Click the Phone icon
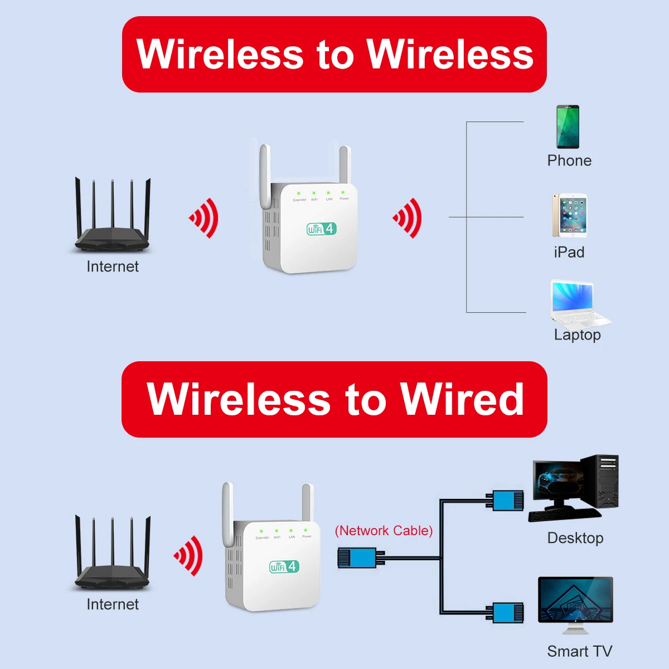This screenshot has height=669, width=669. coord(568,127)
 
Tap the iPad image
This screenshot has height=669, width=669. coord(569,216)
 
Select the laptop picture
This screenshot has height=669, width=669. coord(578,304)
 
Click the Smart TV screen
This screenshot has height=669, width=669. coord(575,600)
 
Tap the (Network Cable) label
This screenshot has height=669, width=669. coord(384,530)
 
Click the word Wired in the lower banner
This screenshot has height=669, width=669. coord(462,399)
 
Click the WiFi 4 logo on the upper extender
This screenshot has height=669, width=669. coord(322,229)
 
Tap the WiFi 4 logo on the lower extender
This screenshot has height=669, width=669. coord(284,566)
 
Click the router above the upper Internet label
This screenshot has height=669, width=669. coord(113,217)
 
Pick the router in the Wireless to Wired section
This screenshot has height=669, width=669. coord(113,555)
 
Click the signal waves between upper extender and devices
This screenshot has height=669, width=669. coord(409,218)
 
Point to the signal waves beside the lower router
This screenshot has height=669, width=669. coord(189,555)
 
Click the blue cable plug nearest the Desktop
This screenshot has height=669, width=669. coord(507,501)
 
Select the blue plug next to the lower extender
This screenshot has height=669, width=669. coord(357,557)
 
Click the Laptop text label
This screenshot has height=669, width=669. coord(577,334)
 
